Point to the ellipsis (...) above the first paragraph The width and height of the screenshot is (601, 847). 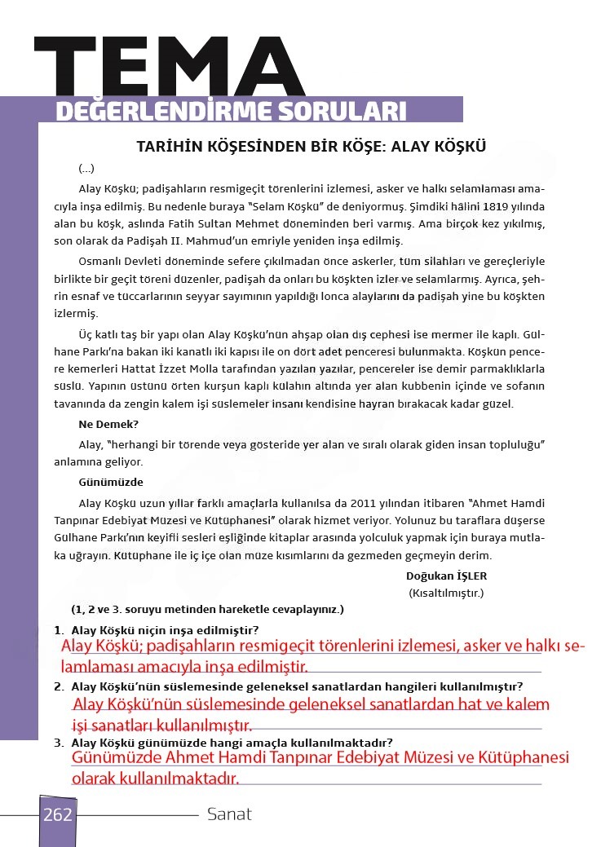[86, 169]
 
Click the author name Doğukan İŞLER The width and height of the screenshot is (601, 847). [446, 576]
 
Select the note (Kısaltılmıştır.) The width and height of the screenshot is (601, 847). [446, 593]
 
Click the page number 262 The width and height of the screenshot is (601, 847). [57, 814]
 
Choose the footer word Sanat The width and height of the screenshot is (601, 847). [229, 814]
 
